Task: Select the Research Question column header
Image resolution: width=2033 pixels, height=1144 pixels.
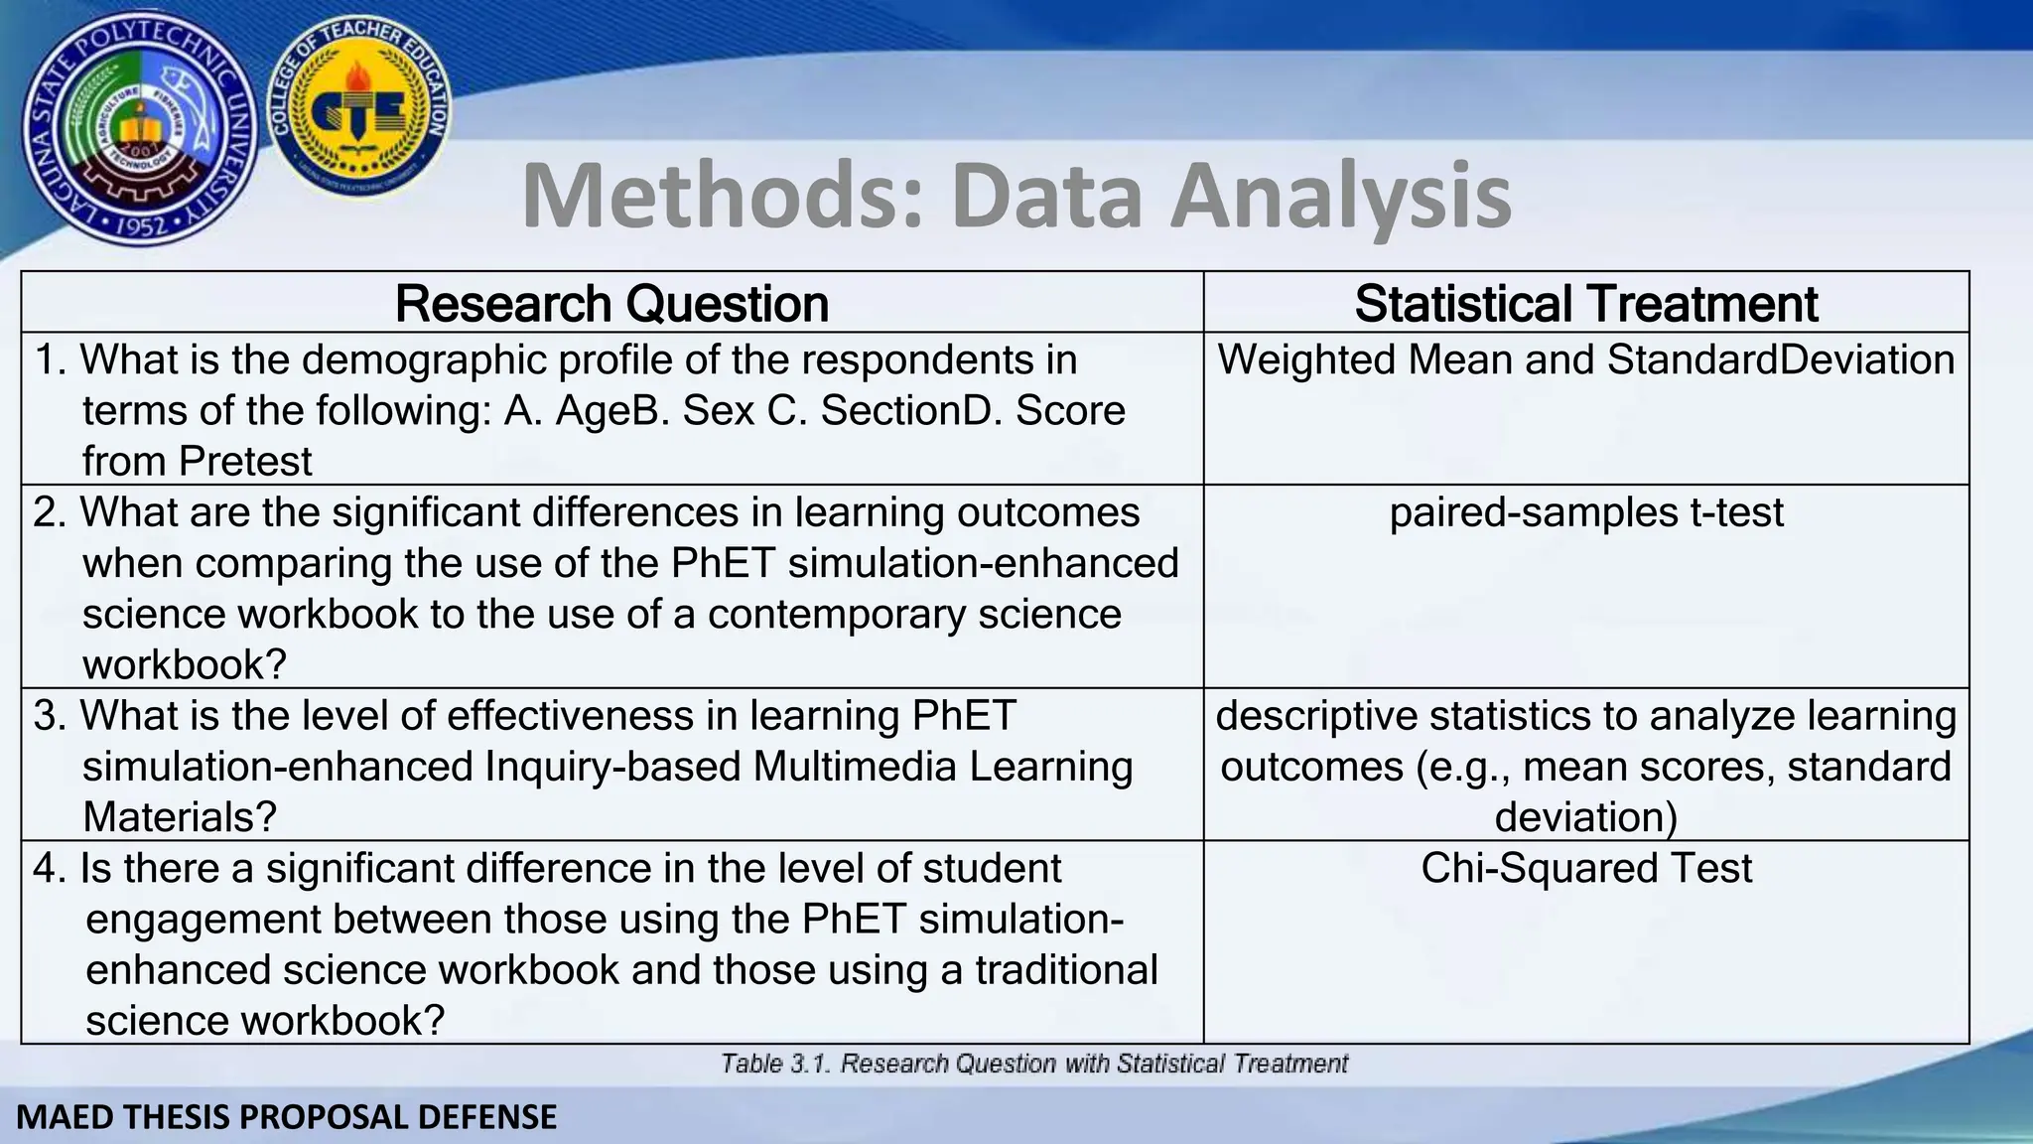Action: coord(611,303)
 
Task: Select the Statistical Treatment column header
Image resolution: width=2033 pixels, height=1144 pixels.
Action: coord(1585,303)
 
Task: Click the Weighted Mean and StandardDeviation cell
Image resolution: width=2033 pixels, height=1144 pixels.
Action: coord(1585,359)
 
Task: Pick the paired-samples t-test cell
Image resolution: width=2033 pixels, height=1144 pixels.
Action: coord(1585,512)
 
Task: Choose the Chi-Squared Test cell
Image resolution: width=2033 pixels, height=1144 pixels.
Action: coord(1585,868)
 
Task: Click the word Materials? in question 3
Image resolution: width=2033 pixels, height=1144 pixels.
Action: coord(180,817)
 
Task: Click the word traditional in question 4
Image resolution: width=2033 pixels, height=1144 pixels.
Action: coord(1066,969)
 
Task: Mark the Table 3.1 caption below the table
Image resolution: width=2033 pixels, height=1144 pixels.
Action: coord(1033,1064)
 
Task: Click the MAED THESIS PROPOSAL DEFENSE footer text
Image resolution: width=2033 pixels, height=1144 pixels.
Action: coord(287,1117)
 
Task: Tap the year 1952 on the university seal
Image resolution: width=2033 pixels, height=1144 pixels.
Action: coord(140,227)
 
